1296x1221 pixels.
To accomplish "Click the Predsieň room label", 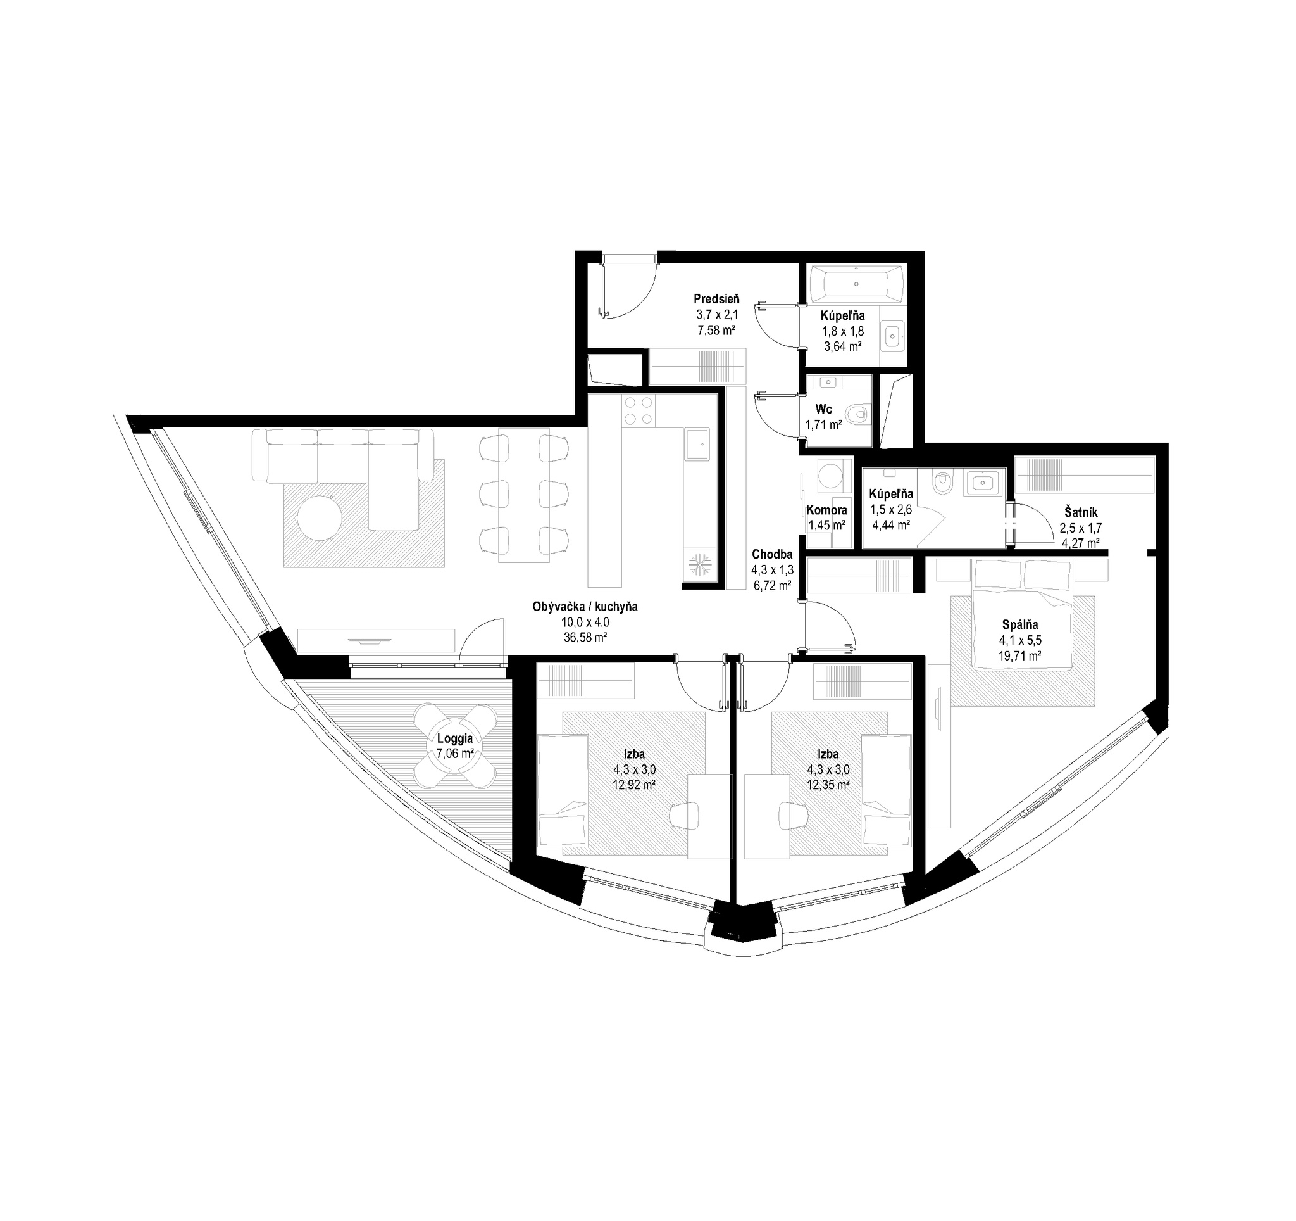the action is coord(716,300).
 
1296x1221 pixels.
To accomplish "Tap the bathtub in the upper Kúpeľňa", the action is coord(856,284).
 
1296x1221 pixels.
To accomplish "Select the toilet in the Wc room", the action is coord(857,413).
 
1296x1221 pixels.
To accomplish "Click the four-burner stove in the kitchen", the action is coord(639,412).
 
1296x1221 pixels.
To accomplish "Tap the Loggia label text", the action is coord(455,739).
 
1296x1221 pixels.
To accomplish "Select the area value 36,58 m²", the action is coord(585,638).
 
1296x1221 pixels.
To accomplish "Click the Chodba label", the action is coord(772,554).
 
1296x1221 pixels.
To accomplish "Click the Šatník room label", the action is coord(1081,513).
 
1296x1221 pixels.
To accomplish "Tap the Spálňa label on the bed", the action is coord(1020,625).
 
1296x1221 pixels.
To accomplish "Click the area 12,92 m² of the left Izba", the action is coord(633,785).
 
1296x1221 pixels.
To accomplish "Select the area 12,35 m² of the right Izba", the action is coord(827,785).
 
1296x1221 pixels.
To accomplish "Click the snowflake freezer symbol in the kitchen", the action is coord(699,564).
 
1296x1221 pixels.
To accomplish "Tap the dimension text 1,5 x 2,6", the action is coord(890,510).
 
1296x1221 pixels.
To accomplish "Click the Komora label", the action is coord(826,510).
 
